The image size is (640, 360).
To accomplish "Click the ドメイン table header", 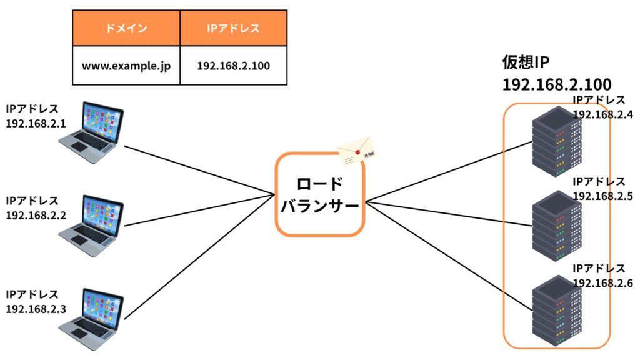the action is point(126,28).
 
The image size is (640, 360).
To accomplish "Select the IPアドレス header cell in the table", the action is point(234,28).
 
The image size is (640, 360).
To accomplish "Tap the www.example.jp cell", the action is point(126,65).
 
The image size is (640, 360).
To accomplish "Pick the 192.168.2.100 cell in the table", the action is point(234,65).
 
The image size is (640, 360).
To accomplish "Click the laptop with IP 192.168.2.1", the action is point(91,132).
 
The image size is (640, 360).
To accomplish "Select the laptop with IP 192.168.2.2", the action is point(91,226).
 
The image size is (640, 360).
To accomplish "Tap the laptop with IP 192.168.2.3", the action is point(91,319).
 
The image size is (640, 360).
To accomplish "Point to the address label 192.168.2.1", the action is point(36,124).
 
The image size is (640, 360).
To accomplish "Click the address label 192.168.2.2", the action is point(36,216).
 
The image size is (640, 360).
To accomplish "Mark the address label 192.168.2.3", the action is point(36,309).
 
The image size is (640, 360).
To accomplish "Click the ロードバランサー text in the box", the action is point(319,195).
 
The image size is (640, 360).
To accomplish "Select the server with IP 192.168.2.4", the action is point(557,141).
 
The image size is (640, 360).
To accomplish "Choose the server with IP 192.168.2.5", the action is point(557,226).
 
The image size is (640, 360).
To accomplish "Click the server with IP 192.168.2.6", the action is point(557,311).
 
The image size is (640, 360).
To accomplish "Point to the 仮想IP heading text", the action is point(526,62).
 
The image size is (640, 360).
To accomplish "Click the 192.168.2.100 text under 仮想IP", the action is point(557,84).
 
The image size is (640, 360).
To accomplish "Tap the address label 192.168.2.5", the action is point(603,196).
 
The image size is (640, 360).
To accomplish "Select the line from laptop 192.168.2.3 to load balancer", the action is point(199,257).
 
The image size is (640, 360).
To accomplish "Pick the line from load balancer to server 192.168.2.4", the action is point(449,171).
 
